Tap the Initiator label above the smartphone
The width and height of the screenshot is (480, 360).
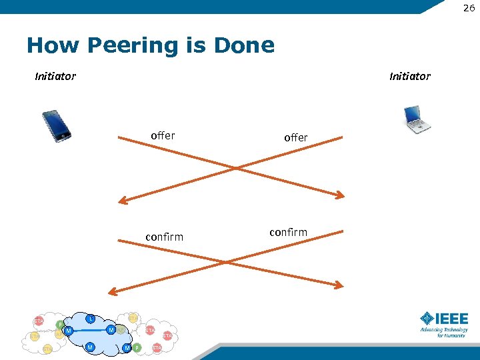click(x=55, y=76)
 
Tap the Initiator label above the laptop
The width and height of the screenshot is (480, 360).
click(x=409, y=76)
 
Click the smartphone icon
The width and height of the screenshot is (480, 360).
click(x=56, y=125)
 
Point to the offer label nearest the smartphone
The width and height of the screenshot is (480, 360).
click(x=163, y=136)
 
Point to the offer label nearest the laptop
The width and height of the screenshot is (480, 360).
click(x=296, y=138)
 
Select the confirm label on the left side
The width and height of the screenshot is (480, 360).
click(x=164, y=237)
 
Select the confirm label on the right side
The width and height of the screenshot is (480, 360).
click(x=288, y=232)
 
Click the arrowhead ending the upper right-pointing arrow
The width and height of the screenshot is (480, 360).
click(x=340, y=195)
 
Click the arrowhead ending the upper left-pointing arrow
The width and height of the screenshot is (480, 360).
click(x=123, y=200)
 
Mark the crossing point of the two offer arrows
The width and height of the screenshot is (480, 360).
click(x=233, y=168)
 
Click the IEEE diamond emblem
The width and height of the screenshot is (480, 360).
click(x=427, y=319)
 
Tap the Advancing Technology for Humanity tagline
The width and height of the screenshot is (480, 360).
click(x=443, y=333)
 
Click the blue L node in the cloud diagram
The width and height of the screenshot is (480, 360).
click(x=90, y=319)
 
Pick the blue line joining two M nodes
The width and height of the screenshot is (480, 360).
click(x=89, y=330)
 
